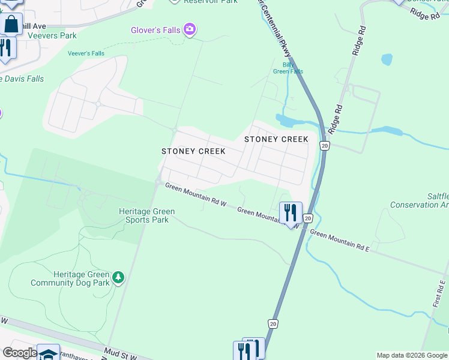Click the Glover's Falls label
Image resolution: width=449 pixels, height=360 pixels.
pos(156,30)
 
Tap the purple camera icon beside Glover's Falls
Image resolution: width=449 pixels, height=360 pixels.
pos(190,29)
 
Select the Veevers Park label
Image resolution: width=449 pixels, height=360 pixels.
pos(55,35)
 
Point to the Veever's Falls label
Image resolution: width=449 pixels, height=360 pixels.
pos(86,53)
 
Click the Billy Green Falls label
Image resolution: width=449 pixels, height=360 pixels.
pos(288,68)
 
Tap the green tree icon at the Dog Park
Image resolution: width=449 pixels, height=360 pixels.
pos(119,277)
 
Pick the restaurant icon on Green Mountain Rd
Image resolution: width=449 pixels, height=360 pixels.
pos(291,213)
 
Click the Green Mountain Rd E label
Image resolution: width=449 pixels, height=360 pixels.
pos(339,239)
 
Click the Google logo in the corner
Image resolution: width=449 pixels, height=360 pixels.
pos(19,353)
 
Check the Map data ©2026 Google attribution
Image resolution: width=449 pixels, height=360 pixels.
pos(412,355)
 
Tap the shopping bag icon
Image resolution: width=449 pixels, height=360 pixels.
pos(11,25)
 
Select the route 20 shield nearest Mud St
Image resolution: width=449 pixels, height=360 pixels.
pos(273,324)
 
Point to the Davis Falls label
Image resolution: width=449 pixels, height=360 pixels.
pos(22,79)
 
